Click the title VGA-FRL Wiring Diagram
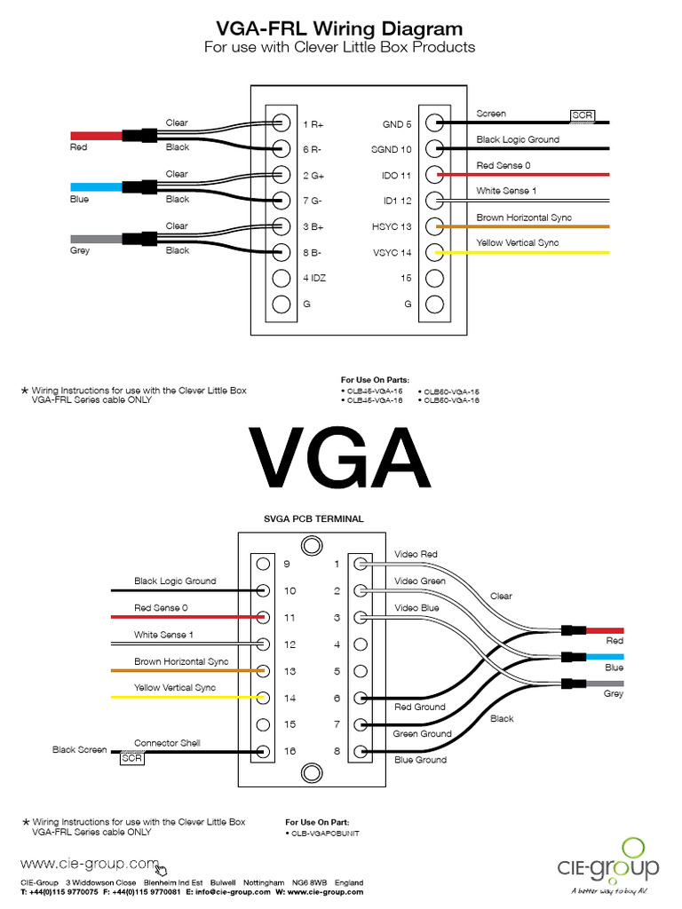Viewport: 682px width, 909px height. coord(340,29)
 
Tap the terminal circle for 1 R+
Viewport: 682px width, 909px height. coord(282,123)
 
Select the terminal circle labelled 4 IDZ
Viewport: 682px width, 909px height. coord(282,278)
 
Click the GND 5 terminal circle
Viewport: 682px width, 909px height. coord(434,123)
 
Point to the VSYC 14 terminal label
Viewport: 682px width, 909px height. coord(392,253)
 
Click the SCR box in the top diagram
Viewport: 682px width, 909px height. coord(583,115)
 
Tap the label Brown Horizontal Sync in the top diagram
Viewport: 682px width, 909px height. coord(524,217)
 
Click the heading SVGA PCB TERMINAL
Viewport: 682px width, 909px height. coord(313,518)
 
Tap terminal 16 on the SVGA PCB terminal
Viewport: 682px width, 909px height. coord(263,751)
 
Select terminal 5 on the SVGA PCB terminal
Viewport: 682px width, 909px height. coord(361,671)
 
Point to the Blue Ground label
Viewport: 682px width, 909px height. coord(420,760)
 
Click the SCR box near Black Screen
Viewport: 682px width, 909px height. coord(131,758)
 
